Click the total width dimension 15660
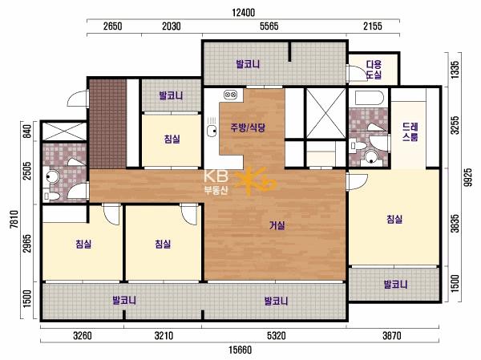tap(240, 350)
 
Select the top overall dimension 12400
tap(243, 13)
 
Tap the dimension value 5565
tap(269, 26)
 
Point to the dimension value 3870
tap(392, 336)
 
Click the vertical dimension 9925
tap(467, 177)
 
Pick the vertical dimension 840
tap(27, 131)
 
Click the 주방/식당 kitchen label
tap(248, 127)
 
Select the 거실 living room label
tap(277, 225)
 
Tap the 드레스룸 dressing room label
tap(410, 131)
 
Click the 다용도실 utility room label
tap(374, 70)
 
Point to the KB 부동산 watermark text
tap(216, 183)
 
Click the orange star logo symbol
tap(255, 181)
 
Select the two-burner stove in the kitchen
tap(230, 95)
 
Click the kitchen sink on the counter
tap(212, 131)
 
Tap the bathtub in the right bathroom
tap(370, 98)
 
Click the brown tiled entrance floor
tap(107, 124)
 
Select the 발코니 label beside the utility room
tap(248, 64)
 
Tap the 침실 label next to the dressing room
tap(394, 219)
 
